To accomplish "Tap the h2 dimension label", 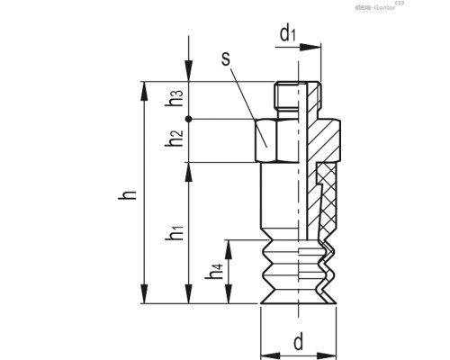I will point(176,140).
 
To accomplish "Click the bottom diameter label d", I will point(297,341).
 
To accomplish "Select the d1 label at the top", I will point(288,35).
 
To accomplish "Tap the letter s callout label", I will point(226,62).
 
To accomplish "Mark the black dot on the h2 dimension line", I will point(188,119).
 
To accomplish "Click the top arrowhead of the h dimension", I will point(144,88).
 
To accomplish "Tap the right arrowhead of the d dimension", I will point(325,352).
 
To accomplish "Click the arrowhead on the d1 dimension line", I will point(318,46).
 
